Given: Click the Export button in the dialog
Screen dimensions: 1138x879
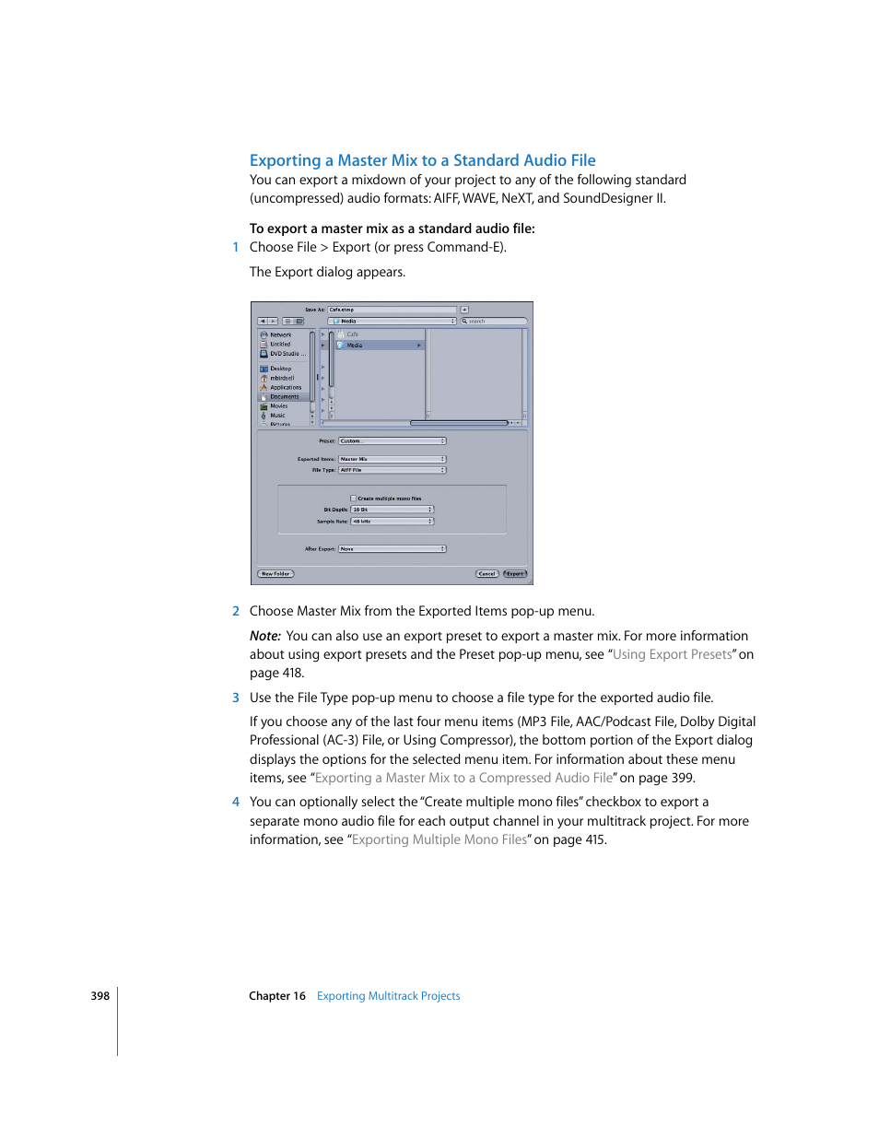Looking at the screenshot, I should [x=515, y=573].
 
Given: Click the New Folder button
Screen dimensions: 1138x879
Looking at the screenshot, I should [x=275, y=573].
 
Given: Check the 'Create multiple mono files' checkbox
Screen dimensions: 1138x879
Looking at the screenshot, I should [x=353, y=499].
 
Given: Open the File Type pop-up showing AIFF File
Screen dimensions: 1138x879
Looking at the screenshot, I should [x=392, y=470].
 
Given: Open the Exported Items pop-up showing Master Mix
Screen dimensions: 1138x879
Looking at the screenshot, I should [x=392, y=459].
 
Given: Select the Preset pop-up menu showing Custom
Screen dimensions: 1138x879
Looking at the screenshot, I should [x=392, y=441].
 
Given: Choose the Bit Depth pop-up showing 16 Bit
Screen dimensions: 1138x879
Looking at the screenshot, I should [x=392, y=510].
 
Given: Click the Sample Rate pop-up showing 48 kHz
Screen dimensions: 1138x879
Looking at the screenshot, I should [x=392, y=522].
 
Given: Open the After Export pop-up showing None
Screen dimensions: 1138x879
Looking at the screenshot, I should [x=392, y=549].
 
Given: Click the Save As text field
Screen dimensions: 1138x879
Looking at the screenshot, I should [x=392, y=310].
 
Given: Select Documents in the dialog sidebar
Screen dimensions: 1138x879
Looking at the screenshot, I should [x=284, y=397].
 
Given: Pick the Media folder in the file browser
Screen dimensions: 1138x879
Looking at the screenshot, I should [x=355, y=346].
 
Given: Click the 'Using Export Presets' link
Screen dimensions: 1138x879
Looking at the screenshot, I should [x=672, y=654].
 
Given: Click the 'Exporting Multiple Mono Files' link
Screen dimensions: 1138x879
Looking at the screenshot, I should [x=439, y=839].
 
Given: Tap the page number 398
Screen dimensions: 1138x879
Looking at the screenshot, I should [x=100, y=996].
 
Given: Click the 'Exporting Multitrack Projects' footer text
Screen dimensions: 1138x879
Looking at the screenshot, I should [x=388, y=996].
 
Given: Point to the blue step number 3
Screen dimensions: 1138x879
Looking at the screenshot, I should [x=236, y=698].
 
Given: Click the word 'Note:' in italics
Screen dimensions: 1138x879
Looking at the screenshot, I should [x=264, y=636].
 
